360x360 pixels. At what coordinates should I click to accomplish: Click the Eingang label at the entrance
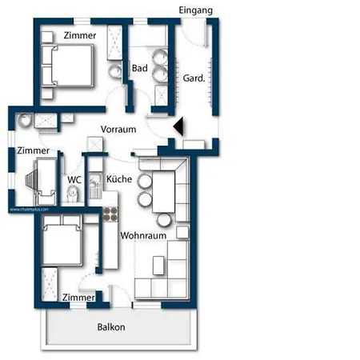pos(196,10)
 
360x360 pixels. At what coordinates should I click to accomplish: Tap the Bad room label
pos(139,69)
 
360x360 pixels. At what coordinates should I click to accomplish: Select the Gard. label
pos(194,78)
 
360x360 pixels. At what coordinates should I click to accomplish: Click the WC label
pos(74,180)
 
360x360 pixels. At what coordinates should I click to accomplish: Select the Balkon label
pos(110,326)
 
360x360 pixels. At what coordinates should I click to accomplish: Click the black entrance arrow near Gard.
pos(178,126)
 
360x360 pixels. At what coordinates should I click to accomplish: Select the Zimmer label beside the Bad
pos(80,36)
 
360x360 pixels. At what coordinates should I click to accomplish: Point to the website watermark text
pos(30,210)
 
